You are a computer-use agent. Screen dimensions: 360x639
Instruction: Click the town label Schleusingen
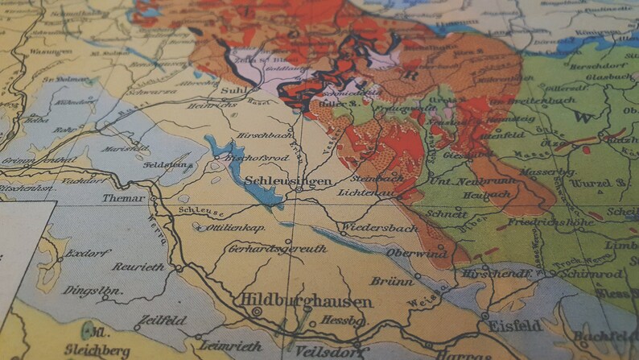coord(287,182)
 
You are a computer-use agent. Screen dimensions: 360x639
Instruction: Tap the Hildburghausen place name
coord(307,302)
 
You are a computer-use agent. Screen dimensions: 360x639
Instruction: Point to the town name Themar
coord(124,198)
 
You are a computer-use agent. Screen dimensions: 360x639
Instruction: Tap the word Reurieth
coord(138,267)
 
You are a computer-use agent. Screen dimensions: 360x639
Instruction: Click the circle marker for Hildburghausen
coord(257,312)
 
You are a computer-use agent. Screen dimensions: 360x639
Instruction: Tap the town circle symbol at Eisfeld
coord(484,315)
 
